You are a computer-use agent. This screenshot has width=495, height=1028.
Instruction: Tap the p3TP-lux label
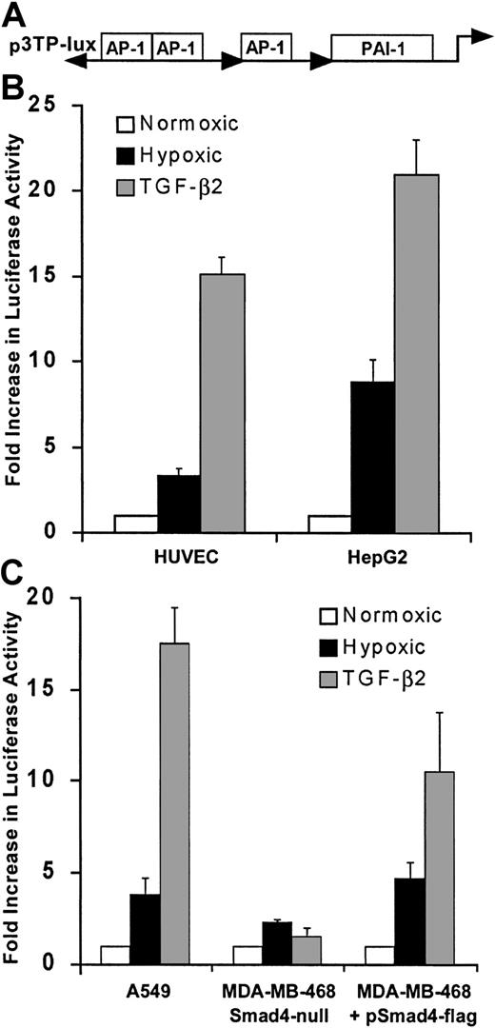35,45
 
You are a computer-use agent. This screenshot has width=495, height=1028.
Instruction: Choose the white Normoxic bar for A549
114,955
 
